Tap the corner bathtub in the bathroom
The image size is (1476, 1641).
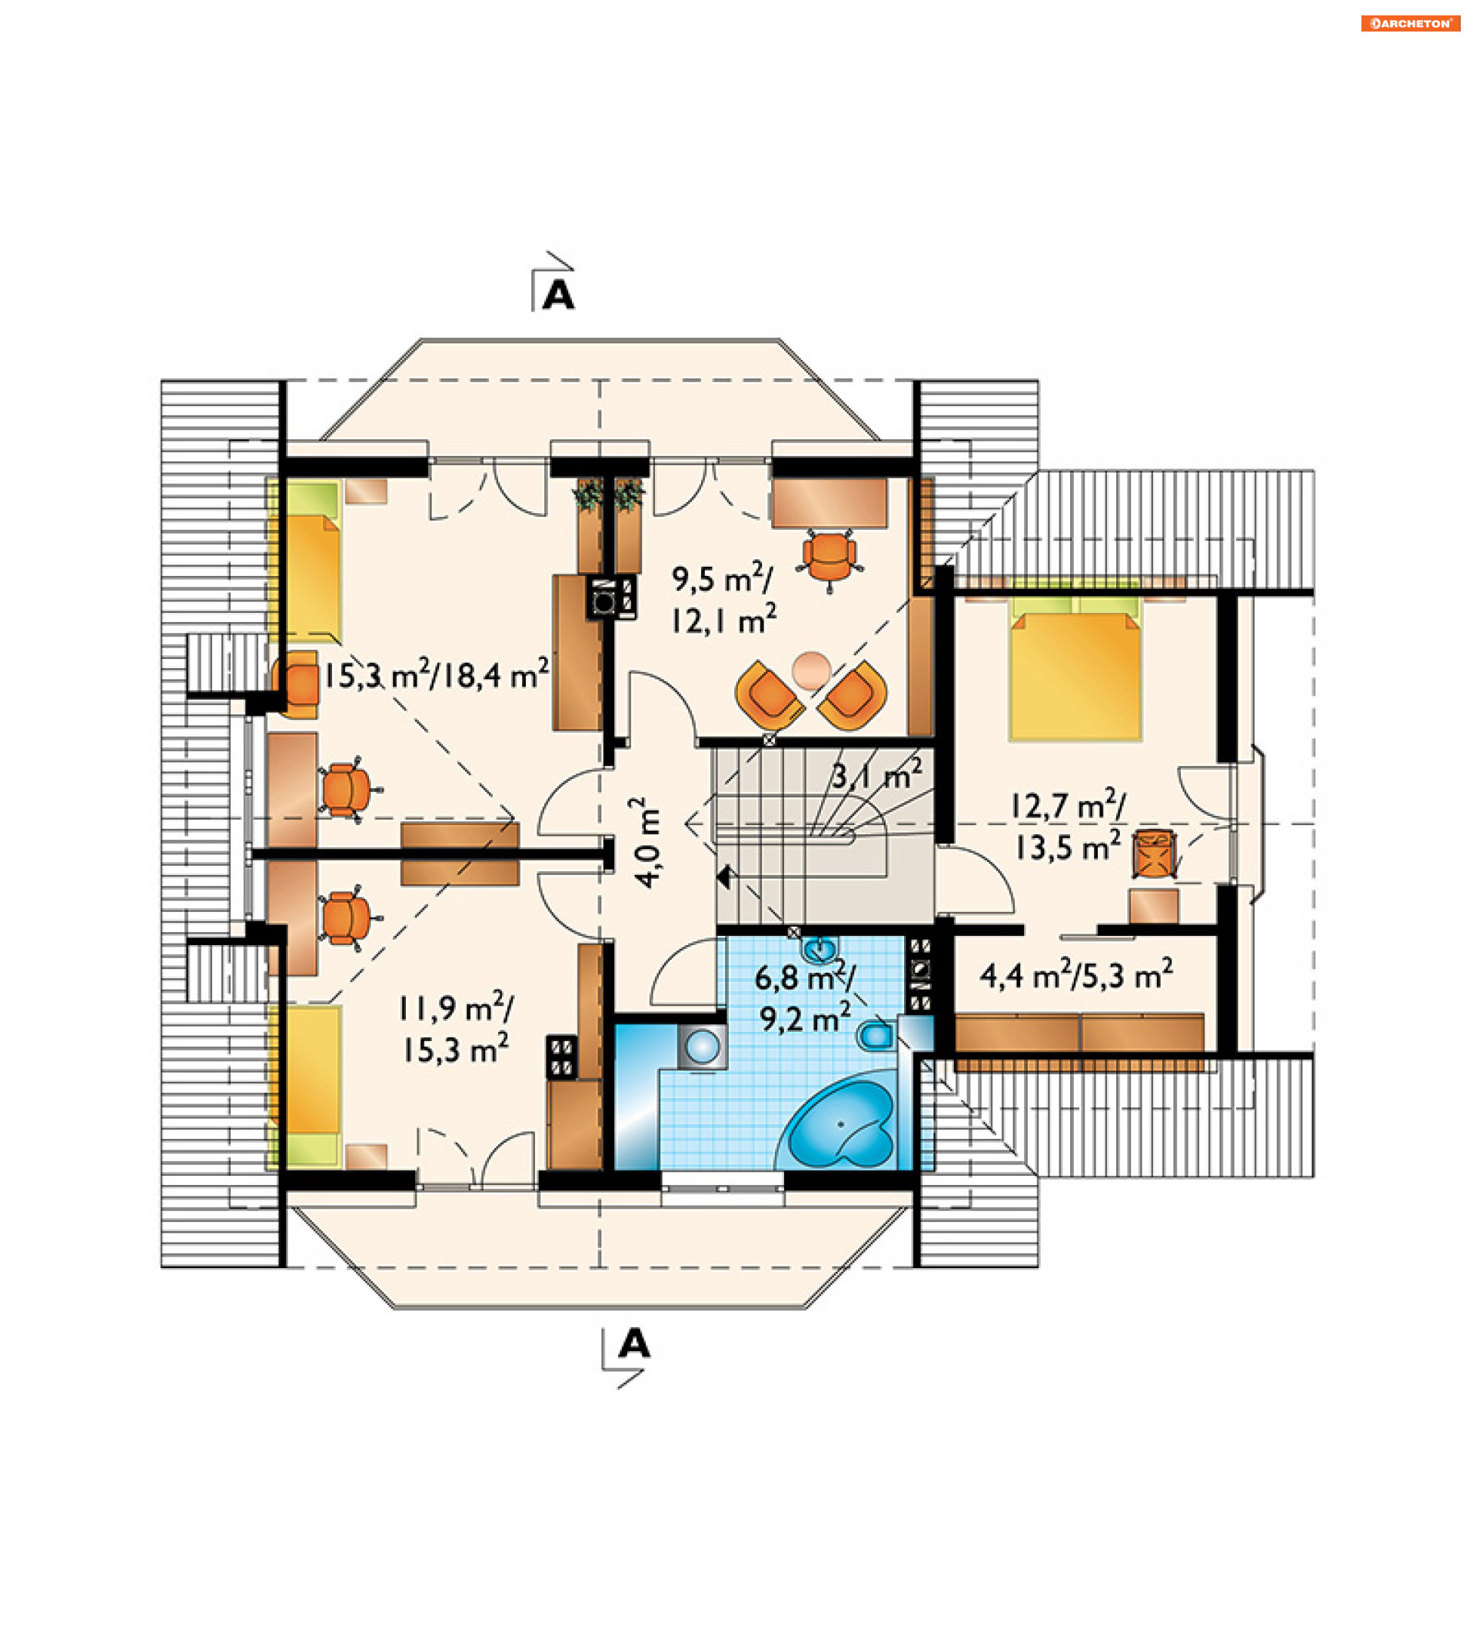click(x=839, y=1125)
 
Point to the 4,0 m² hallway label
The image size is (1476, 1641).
click(x=647, y=843)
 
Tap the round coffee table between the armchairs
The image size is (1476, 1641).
click(x=811, y=670)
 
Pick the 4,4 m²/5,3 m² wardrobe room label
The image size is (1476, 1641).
click(x=1076, y=974)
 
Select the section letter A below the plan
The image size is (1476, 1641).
click(x=634, y=1344)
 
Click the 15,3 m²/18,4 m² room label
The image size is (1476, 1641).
click(x=437, y=674)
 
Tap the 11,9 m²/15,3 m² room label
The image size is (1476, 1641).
click(x=455, y=1030)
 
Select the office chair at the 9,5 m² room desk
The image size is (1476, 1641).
click(x=829, y=558)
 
